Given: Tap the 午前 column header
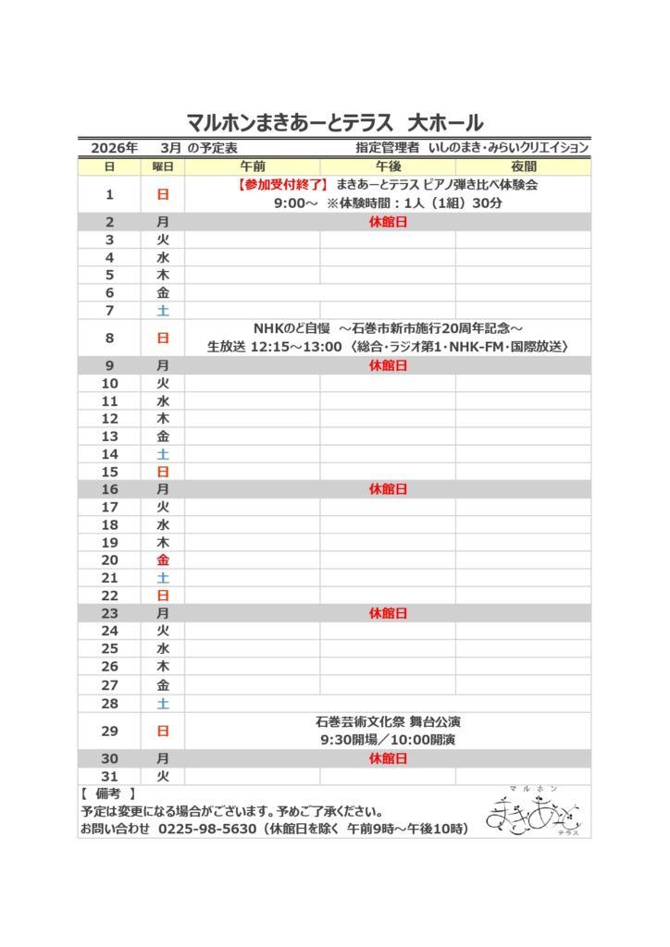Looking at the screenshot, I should point(252,166).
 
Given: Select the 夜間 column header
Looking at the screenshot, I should point(523,166).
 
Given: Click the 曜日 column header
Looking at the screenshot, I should point(163,166).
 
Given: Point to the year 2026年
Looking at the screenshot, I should point(114,148).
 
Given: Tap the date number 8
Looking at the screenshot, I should point(109,338).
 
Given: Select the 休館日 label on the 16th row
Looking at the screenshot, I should point(388,489).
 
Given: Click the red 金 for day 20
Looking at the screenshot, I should point(163,560).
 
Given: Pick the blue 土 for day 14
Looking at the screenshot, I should point(163,454).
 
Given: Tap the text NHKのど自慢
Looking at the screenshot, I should point(291,329).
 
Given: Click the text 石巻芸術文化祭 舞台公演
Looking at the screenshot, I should point(388,721).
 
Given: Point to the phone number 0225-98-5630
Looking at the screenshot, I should point(207,829).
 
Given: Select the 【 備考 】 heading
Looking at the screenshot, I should point(108,793).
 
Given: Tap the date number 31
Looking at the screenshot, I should point(109,776).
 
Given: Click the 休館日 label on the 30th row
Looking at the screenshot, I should point(388,758).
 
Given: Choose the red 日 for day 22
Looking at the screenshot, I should point(163,596).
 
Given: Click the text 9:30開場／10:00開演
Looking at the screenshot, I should point(388,740).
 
